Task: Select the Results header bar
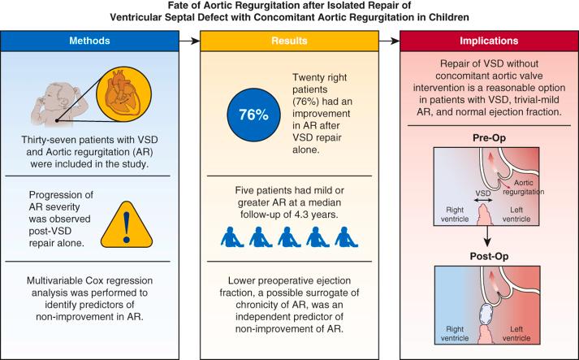(x=290, y=39)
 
